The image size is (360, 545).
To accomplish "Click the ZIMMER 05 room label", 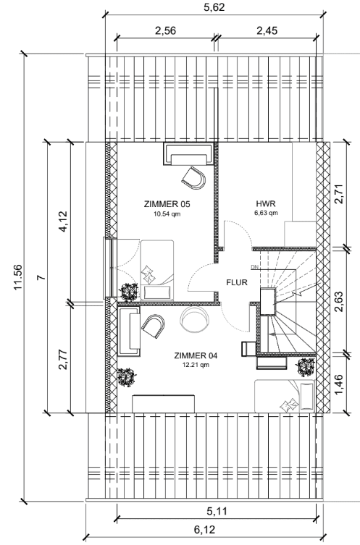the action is coord(167,204).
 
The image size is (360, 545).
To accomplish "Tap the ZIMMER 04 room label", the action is coord(196,355).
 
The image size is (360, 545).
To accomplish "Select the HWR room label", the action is coord(266,203).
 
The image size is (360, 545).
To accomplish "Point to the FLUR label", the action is coord(237,282).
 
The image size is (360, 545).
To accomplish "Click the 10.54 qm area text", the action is coord(167,214).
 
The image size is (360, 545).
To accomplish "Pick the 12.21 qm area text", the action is coord(196,365).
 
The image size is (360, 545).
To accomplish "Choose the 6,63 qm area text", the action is coord(266,213).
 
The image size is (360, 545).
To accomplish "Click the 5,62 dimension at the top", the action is coord(214,7).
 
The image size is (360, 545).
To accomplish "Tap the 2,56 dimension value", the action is coord(166,30).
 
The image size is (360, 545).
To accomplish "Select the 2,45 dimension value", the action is coord(267,30).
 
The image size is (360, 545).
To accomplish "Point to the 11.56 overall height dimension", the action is coord(17,277).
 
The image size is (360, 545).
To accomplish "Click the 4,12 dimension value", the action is coord(64,221).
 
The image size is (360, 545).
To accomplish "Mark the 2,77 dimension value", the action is coord(64,359).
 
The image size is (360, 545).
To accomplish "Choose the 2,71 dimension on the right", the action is coord(339,194).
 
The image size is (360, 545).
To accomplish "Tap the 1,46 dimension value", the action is coord(339,384).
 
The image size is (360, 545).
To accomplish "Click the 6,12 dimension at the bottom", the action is coord(204,530).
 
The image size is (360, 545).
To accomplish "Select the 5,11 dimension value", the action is coord(217,511).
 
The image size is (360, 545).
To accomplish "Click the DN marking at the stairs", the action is coord(254,267).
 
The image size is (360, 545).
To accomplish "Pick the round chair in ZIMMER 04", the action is coord(194,319).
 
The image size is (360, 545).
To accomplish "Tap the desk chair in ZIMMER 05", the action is coord(193,178).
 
